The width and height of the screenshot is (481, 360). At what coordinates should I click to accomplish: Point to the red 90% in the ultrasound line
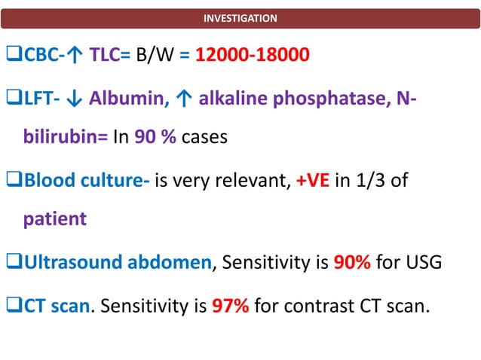pos(352,264)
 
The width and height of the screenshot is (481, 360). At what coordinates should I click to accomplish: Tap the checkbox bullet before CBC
pos(14,56)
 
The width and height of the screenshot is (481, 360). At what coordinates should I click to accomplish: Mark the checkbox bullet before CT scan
pos(14,306)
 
